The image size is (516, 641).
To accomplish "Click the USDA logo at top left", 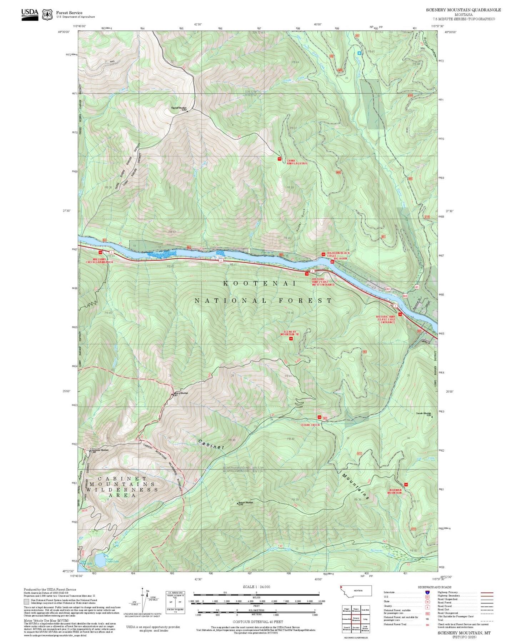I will pos(30,14).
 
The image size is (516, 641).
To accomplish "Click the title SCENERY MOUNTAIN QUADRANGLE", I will pos(463,10).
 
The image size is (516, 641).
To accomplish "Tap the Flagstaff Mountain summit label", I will pos(179,108).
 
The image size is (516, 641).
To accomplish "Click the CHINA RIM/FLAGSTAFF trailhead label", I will pos(297,162).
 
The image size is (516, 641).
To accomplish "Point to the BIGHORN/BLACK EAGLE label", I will pos(338,254).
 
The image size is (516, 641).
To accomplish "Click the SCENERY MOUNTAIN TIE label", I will pos(290,333).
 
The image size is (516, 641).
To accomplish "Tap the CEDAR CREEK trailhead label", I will pos(310,425).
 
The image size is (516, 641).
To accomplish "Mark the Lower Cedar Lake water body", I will pos(100,561).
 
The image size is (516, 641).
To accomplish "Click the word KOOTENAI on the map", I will pos(260,283).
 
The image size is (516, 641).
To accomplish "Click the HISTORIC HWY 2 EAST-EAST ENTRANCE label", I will pos(386,319).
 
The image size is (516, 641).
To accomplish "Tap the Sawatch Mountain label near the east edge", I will pos(424,414).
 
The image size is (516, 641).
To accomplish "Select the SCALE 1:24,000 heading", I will pos(256,587).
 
